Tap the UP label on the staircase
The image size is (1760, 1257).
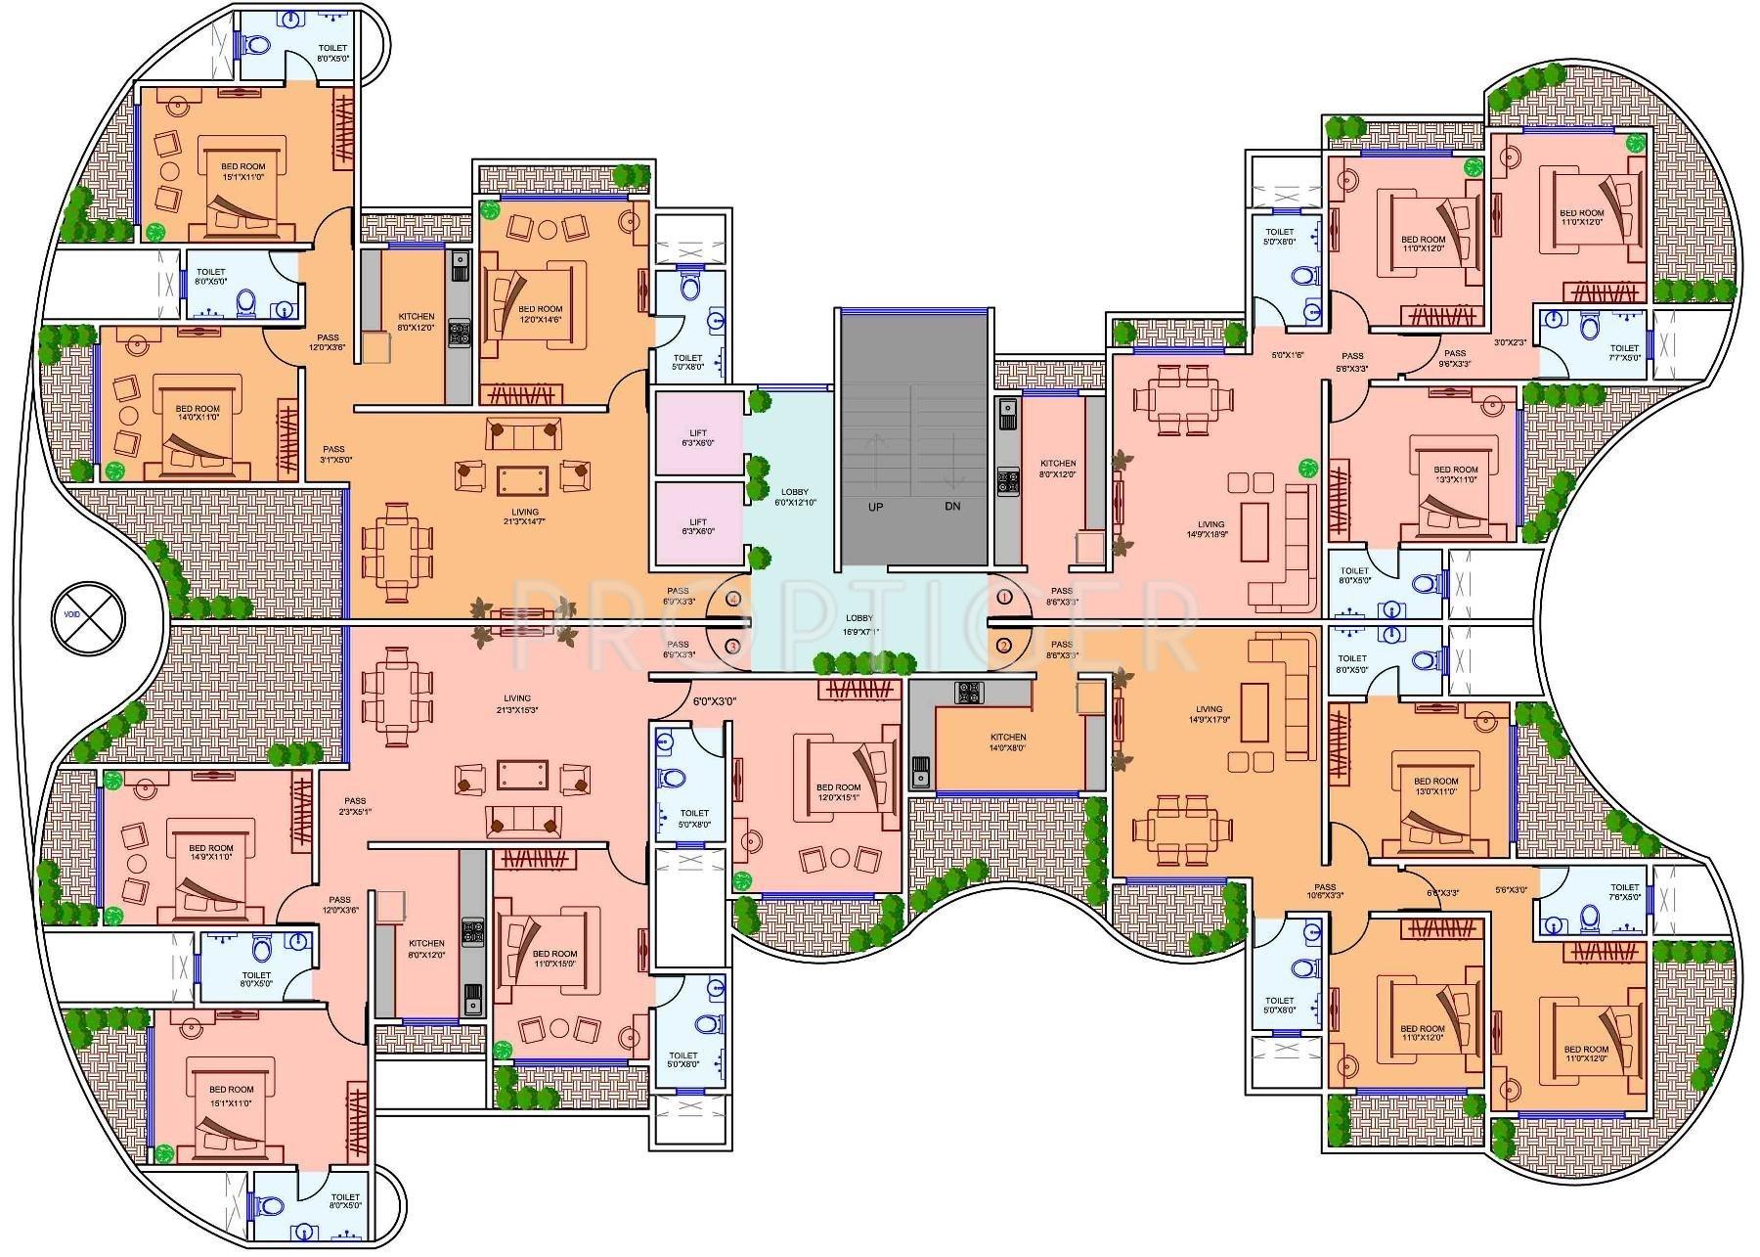[875, 507]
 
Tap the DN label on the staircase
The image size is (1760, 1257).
[951, 507]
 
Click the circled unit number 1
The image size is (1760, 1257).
[1004, 597]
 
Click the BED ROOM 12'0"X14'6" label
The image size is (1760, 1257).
[540, 314]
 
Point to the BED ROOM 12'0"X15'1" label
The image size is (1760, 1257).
[838, 792]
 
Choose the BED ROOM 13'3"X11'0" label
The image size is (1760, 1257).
[1456, 474]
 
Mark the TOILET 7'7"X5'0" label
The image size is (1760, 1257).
[1624, 352]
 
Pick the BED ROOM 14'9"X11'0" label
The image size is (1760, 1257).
[210, 852]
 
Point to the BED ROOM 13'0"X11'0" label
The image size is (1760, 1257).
[1435, 786]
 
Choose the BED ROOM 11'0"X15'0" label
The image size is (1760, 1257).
[554, 959]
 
